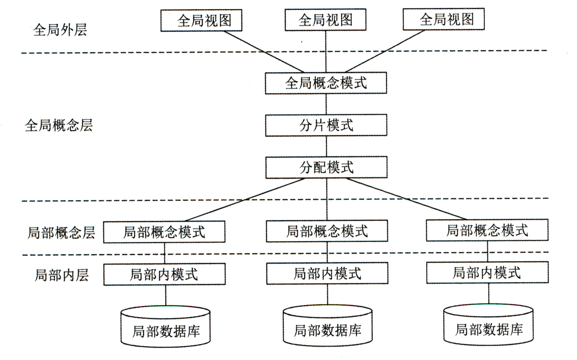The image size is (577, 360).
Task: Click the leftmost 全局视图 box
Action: (x=202, y=20)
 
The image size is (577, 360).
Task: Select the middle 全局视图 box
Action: (x=326, y=20)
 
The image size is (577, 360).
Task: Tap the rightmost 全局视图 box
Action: (x=443, y=20)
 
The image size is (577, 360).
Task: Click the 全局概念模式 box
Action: (x=326, y=83)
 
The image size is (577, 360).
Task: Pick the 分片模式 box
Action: (x=326, y=125)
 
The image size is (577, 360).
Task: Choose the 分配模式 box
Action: (x=326, y=167)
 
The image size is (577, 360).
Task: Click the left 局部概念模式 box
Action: (x=164, y=232)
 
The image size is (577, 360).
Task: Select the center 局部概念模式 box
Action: (x=326, y=231)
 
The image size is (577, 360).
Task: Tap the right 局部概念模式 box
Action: (x=487, y=230)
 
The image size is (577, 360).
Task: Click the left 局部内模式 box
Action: (x=164, y=274)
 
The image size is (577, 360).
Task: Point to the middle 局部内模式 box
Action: (x=326, y=274)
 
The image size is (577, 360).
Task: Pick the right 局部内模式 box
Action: (x=487, y=273)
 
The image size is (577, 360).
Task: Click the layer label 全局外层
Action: (x=60, y=30)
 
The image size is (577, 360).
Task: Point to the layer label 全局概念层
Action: (x=58, y=125)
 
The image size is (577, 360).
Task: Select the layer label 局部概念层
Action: (x=61, y=232)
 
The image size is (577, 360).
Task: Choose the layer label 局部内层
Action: (x=61, y=275)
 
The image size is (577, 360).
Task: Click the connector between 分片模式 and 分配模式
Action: (x=326, y=146)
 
